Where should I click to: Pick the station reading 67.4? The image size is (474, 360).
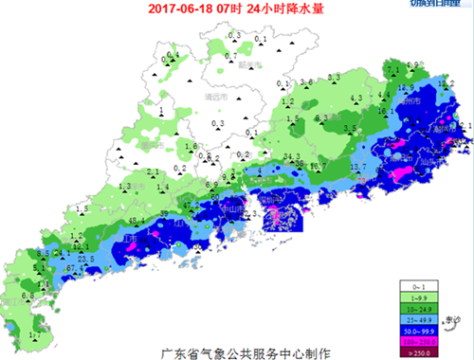click(x=71, y=268)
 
